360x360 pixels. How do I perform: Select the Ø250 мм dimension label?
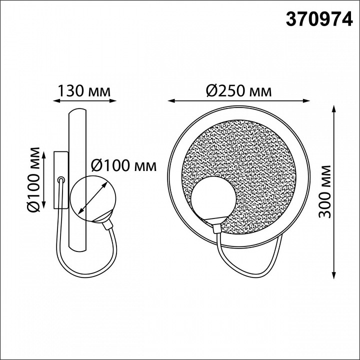[x=238, y=91]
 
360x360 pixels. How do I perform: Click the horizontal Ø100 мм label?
[x=123, y=164]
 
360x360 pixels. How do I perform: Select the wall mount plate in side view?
[x=60, y=179]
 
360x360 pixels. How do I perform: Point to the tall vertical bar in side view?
[x=78, y=180]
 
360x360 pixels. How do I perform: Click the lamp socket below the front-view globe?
[x=216, y=228]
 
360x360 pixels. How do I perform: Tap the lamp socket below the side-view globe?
[x=107, y=222]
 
